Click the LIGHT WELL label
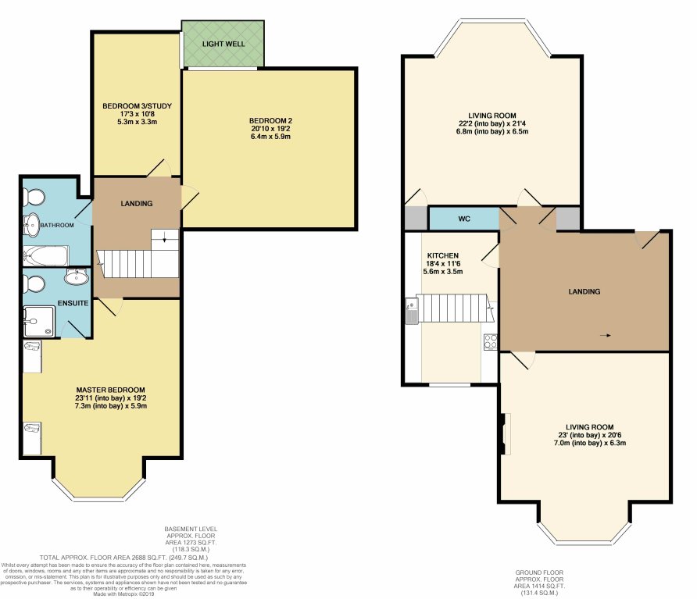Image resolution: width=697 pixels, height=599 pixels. [x=223, y=43]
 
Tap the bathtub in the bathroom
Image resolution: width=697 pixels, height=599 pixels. [x=45, y=255]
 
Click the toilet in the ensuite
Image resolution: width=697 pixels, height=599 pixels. [x=35, y=281]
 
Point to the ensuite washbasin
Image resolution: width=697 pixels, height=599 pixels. [x=77, y=277]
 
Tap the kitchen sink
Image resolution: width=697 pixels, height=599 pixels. [x=411, y=312]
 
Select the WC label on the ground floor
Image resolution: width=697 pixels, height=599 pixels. [x=464, y=219]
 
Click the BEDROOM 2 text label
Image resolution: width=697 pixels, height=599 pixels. [x=270, y=120]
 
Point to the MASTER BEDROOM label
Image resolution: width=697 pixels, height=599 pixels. [x=110, y=390]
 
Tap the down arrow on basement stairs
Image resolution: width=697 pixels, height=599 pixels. [x=164, y=241]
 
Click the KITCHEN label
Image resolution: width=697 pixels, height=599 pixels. [x=442, y=255]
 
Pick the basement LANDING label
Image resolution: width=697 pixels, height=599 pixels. [x=137, y=204]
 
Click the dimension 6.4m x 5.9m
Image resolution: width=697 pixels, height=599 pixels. [x=270, y=137]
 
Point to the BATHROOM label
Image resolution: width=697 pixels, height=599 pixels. [x=58, y=225]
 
